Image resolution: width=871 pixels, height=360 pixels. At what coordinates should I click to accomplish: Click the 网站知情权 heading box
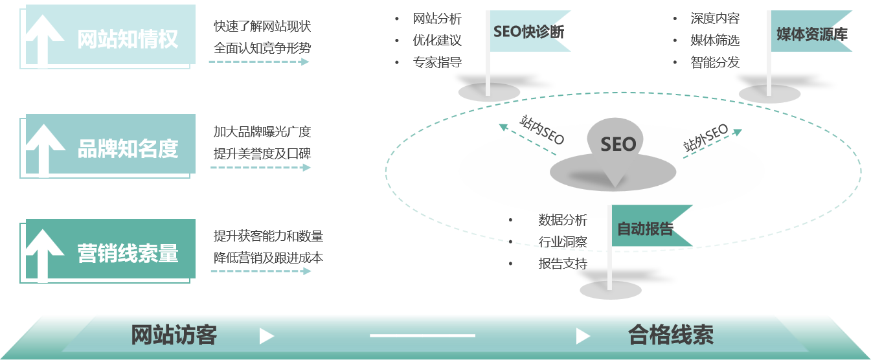pyautogui.click(x=127, y=39)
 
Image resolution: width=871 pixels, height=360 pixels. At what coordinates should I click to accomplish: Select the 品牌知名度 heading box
pyautogui.click(x=127, y=149)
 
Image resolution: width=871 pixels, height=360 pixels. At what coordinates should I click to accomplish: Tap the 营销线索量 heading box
pyautogui.click(x=127, y=253)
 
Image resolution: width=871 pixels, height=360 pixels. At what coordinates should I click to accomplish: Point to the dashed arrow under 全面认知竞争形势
pyautogui.click(x=259, y=62)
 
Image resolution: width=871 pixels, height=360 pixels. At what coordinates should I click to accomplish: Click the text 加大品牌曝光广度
pyautogui.click(x=262, y=132)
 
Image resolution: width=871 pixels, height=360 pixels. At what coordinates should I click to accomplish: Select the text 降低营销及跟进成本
pyautogui.click(x=268, y=258)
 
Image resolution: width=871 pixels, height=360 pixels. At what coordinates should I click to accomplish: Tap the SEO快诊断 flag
pyautogui.click(x=528, y=32)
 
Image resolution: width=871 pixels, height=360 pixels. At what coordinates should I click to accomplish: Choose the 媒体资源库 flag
pyautogui.click(x=811, y=34)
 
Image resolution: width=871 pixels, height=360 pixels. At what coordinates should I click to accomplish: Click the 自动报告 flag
pyautogui.click(x=645, y=229)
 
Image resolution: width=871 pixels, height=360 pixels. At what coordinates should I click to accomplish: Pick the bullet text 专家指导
pyautogui.click(x=437, y=63)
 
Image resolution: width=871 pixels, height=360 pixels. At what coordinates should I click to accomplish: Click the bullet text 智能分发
pyautogui.click(x=715, y=63)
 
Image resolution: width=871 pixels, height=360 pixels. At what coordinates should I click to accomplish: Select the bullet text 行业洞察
pyautogui.click(x=563, y=242)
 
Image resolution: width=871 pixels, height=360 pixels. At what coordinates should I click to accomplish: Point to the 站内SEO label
pyautogui.click(x=543, y=129)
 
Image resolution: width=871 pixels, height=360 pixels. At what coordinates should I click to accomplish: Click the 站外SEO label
pyautogui.click(x=706, y=139)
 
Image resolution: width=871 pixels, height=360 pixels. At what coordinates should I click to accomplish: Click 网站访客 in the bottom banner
pyautogui.click(x=174, y=335)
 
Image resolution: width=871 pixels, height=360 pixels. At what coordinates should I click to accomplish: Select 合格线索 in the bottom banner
pyautogui.click(x=671, y=335)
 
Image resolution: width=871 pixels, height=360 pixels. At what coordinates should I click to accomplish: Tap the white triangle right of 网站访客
pyautogui.click(x=266, y=336)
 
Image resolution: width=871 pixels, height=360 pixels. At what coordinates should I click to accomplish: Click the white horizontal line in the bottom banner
pyautogui.click(x=422, y=335)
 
